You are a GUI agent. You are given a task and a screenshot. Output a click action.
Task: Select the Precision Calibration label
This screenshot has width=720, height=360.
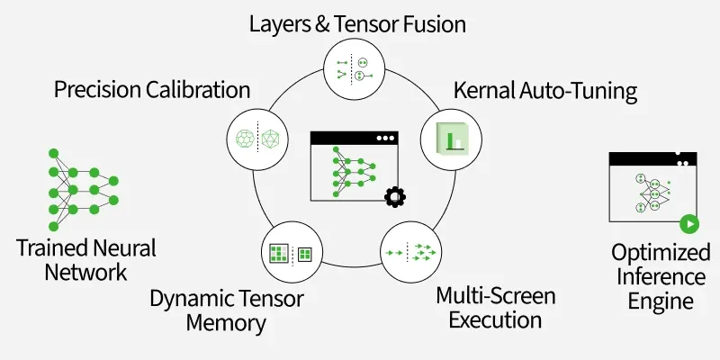(x=152, y=90)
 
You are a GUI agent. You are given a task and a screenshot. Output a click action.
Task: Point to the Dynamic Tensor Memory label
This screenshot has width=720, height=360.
(x=227, y=310)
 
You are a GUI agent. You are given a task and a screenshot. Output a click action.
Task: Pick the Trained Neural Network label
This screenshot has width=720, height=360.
(x=85, y=258)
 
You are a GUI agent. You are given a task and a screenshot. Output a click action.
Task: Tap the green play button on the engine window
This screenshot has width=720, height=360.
(x=688, y=224)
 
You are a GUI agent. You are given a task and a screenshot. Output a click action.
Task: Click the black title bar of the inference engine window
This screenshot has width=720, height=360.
(x=653, y=158)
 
